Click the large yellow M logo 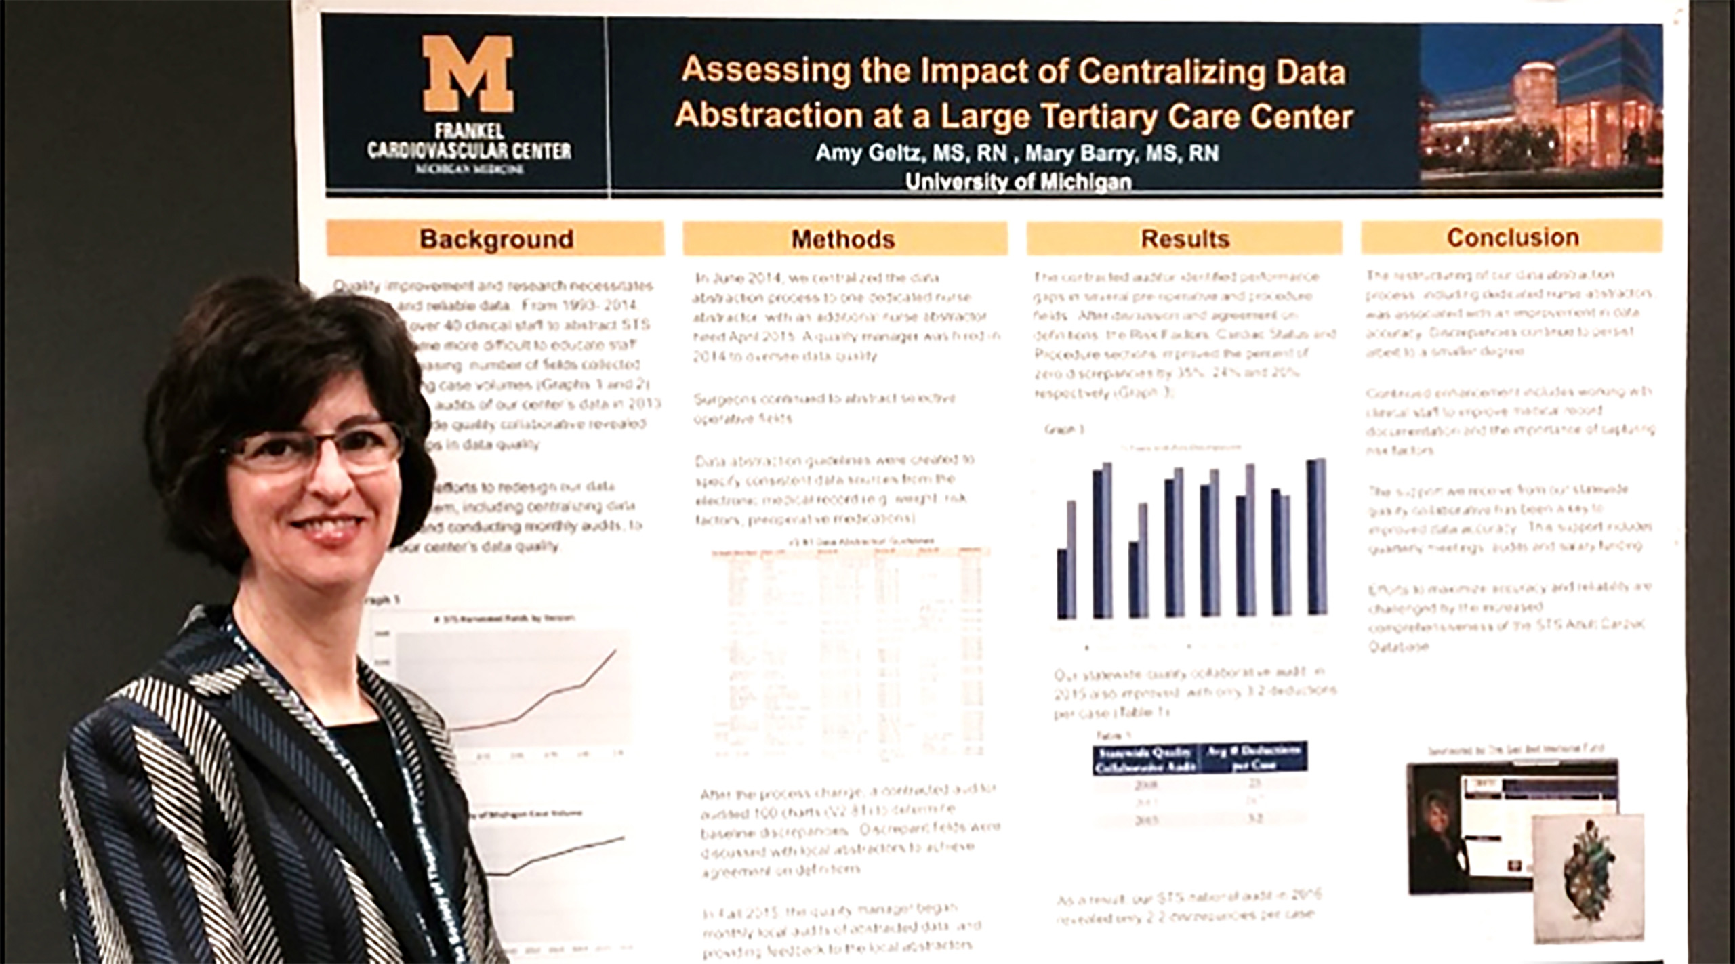pos(468,75)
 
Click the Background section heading pos(496,239)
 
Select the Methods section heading pos(843,239)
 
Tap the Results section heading pos(1185,239)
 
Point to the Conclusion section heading pos(1513,238)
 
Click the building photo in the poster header pos(1540,106)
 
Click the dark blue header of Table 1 pos(1200,758)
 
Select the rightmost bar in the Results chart pos(1316,537)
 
